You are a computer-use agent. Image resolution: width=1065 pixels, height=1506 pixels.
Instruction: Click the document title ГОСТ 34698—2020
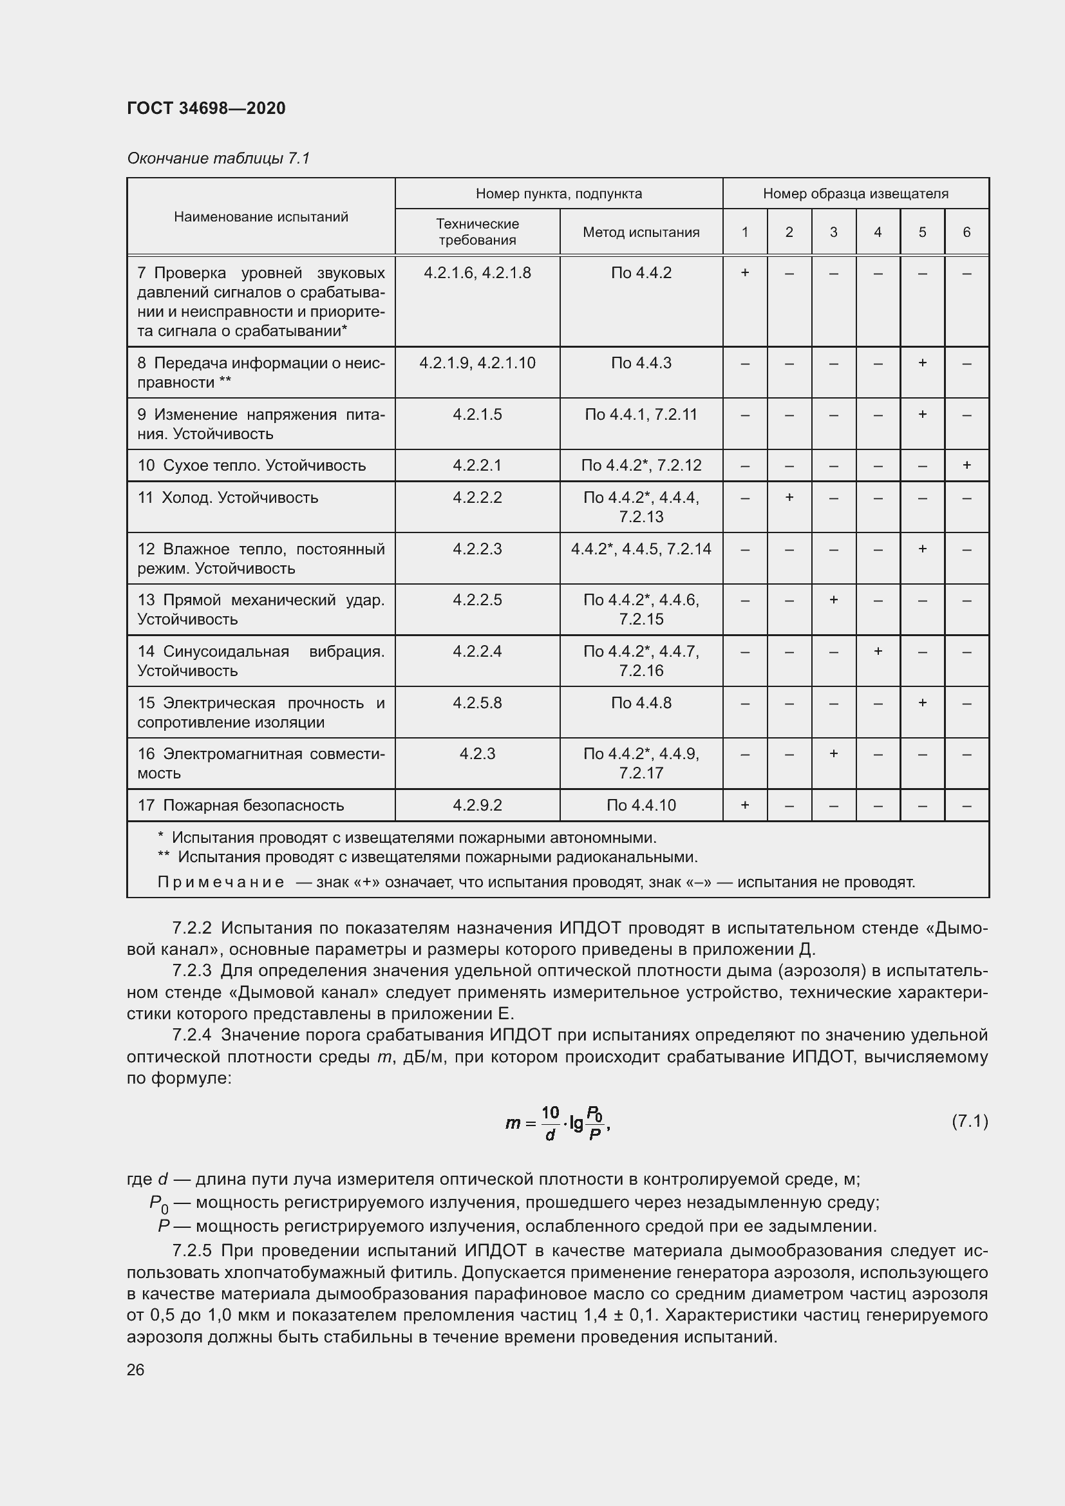[206, 108]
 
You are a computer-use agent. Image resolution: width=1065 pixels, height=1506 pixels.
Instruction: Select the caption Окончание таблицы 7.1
[218, 158]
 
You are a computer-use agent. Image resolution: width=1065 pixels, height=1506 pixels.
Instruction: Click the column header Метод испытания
[641, 232]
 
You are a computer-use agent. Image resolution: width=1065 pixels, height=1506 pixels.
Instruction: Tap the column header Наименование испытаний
[261, 217]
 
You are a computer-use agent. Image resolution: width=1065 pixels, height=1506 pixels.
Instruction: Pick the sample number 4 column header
[878, 232]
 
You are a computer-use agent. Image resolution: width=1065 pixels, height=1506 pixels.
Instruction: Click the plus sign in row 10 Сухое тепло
[966, 465]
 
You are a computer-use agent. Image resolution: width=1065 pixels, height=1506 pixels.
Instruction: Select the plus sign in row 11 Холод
[789, 497]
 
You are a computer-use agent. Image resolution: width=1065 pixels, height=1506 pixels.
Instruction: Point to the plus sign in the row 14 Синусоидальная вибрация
[878, 651]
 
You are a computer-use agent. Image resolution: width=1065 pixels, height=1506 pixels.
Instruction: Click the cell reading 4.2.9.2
[476, 805]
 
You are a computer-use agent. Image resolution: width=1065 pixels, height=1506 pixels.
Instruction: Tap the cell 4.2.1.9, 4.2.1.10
[476, 362]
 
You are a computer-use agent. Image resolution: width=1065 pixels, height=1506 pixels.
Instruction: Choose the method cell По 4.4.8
[641, 702]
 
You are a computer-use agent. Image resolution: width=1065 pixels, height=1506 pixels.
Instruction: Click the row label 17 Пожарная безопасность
[241, 805]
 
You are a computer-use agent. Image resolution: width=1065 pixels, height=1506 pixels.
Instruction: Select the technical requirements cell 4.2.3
[476, 754]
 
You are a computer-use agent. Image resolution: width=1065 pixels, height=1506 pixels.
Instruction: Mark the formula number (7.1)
[969, 1121]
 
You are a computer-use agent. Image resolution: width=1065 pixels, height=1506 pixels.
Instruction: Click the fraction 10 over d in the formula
[550, 1123]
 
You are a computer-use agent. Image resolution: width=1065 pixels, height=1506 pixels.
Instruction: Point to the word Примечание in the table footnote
[220, 882]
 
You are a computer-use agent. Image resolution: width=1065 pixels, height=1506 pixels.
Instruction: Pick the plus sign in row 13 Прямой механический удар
[833, 599]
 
